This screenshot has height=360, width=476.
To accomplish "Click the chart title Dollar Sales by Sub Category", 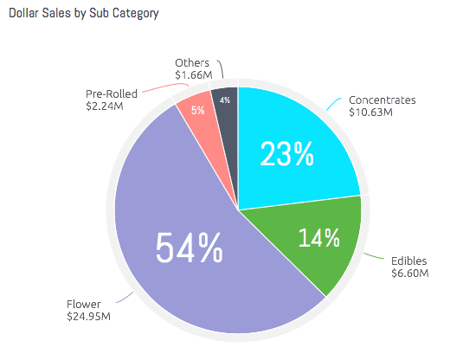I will coord(84,15).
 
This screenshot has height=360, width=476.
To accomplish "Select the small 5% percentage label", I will coord(198,110).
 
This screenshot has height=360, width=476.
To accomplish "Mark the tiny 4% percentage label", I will coord(224,100).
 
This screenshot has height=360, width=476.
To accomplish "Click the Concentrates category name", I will coord(382,100).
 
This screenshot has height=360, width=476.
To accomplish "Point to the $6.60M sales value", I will coord(409,273).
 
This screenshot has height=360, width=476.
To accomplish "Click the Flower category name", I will coord(84,304).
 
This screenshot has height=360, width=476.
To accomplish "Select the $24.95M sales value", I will coord(88,318).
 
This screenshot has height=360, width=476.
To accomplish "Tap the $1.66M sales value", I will coord(192,76).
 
